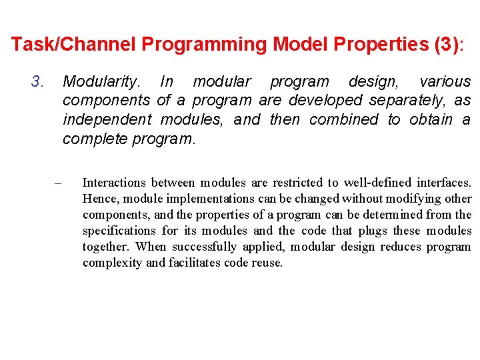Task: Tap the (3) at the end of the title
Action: pyautogui.click(x=445, y=45)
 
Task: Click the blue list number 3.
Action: pyautogui.click(x=37, y=82)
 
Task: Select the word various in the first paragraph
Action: pyautogui.click(x=445, y=82)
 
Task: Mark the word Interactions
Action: pyautogui.click(x=114, y=183)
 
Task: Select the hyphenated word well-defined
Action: pyautogui.click(x=377, y=183)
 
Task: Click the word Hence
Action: pyautogui.click(x=99, y=199)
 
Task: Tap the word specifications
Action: pyautogui.click(x=119, y=231)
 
